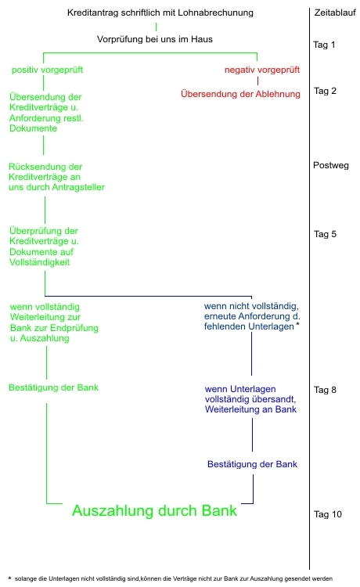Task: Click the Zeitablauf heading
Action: pos(335,13)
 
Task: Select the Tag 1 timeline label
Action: pos(324,45)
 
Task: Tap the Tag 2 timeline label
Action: pos(325,91)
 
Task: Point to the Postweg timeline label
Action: pos(331,165)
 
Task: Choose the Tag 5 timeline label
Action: pos(325,234)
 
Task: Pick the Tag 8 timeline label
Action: pos(325,390)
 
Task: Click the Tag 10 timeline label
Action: pos(327,514)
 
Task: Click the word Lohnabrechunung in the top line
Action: pos(215,13)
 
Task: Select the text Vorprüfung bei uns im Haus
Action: pos(154,39)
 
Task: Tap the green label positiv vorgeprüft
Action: pos(47,70)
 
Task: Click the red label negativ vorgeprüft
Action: pos(262,70)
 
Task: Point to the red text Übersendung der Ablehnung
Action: pos(240,94)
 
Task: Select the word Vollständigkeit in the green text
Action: pos(40,262)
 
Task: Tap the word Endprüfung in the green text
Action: pos(74,328)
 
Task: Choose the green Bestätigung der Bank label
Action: pos(53,388)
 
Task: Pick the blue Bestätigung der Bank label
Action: pos(252,465)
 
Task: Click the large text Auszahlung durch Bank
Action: pos(154,510)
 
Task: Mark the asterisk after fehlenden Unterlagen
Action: pos(297,324)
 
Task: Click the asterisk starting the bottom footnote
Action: pos(9,578)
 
